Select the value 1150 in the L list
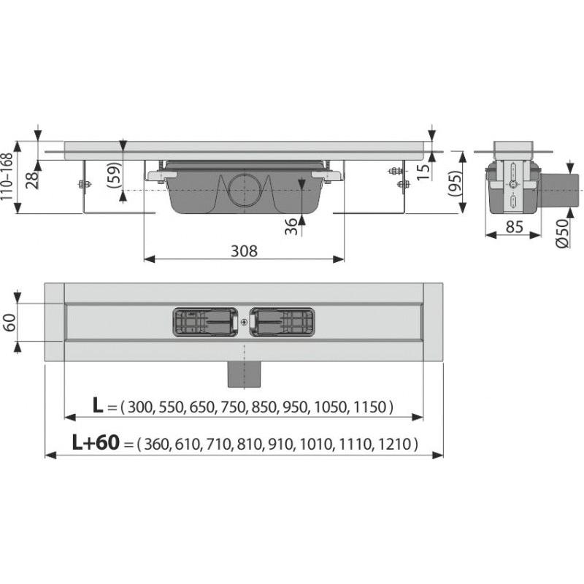[x=372, y=407]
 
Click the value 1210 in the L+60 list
[x=396, y=444]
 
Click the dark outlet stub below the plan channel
[x=244, y=374]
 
